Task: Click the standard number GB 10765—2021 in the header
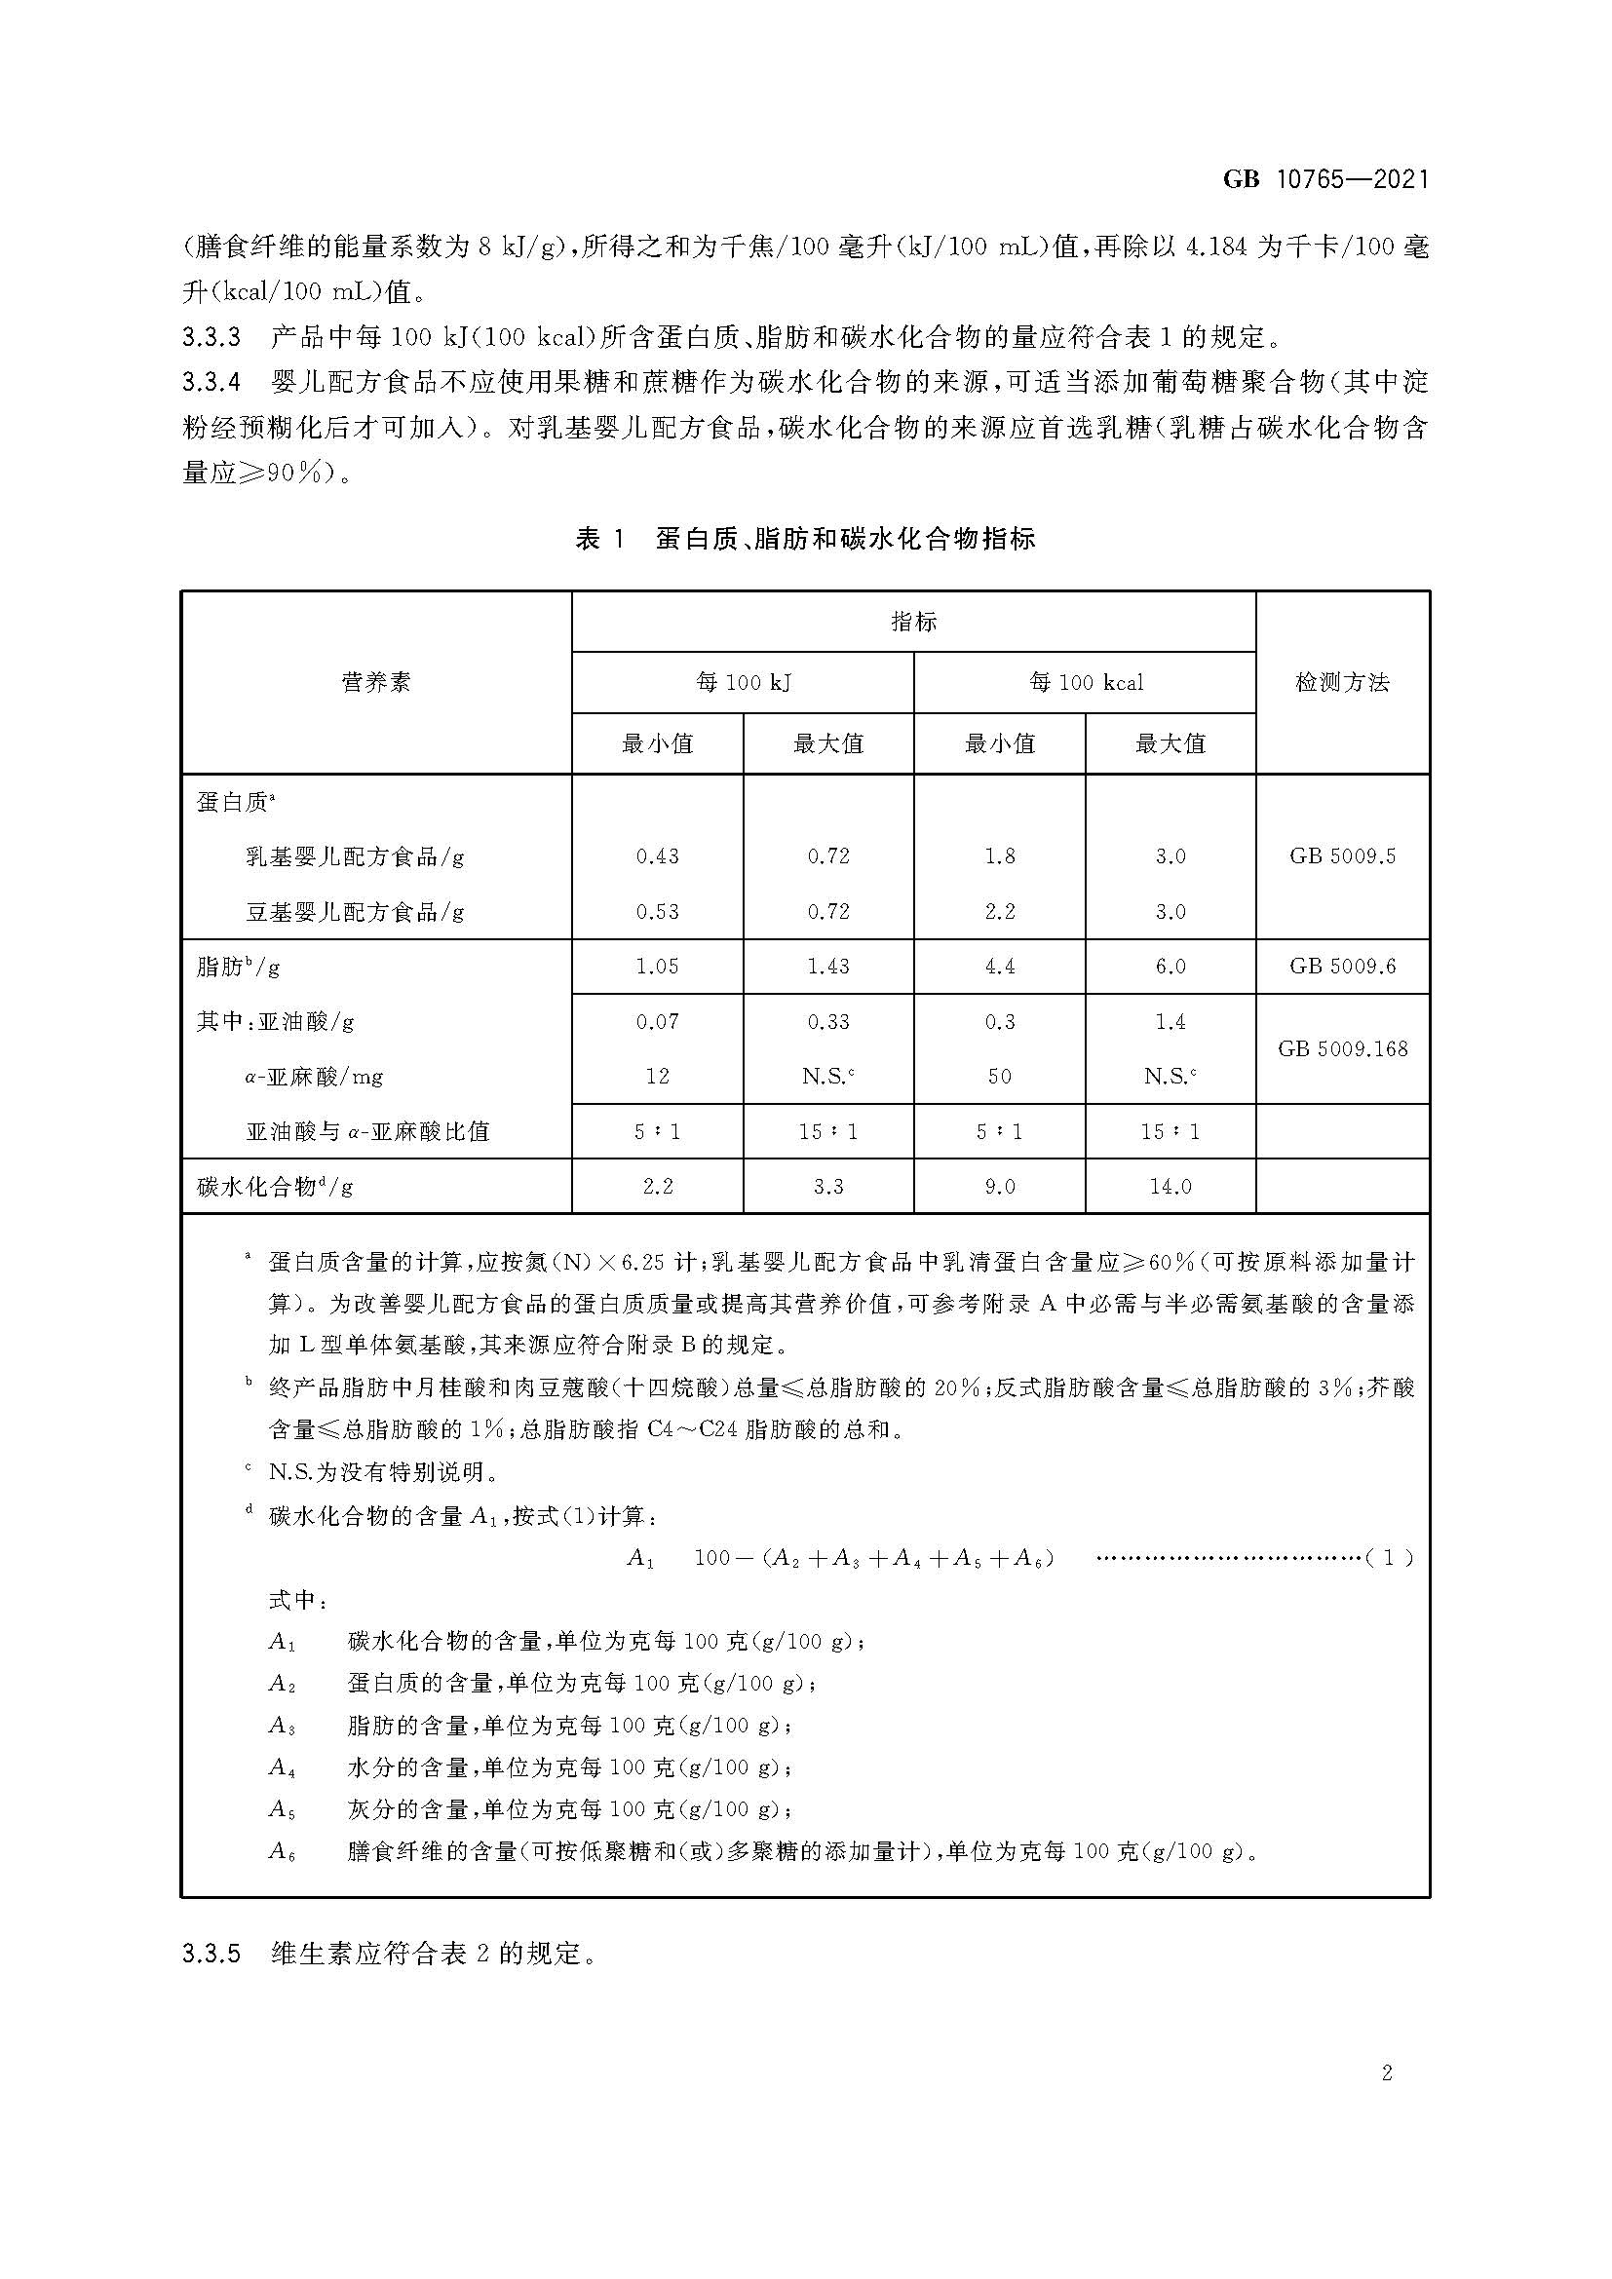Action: [x=1325, y=179]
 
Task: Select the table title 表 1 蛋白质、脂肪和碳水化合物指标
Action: [x=805, y=539]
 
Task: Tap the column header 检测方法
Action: [x=1342, y=682]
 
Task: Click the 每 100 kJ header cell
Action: [x=743, y=682]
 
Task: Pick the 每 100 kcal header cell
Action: [x=1085, y=682]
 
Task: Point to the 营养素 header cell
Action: [x=375, y=682]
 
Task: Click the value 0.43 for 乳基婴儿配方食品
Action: [x=657, y=855]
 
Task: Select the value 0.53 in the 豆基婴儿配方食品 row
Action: [x=657, y=911]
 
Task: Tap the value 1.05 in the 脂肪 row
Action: [x=657, y=966]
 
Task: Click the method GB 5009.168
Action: [x=1342, y=1048]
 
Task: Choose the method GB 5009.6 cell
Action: [x=1342, y=966]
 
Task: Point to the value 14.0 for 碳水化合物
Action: [x=1171, y=1186]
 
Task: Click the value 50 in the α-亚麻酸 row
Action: [x=999, y=1076]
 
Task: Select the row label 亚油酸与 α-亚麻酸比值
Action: [x=367, y=1131]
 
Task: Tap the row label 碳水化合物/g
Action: [x=275, y=1186]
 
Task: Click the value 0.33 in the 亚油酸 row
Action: [x=827, y=1021]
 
